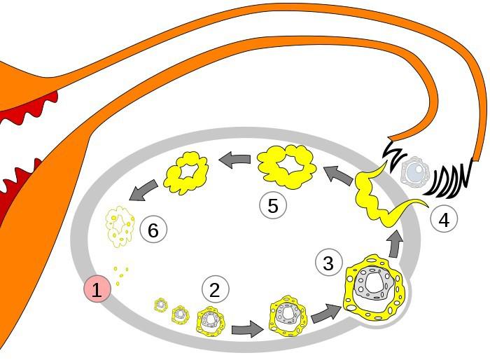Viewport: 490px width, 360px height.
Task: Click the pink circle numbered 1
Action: [x=97, y=289]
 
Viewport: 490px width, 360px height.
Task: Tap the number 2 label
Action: [x=215, y=289]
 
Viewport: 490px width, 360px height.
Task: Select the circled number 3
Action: [x=329, y=263]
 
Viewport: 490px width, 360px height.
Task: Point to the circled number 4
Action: [x=443, y=219]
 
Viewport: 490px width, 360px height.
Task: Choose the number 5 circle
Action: [x=273, y=205]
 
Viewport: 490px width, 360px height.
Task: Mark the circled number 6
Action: [x=154, y=229]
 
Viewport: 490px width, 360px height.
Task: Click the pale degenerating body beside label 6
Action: [x=120, y=223]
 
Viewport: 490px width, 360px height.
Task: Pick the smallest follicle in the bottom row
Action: [x=161, y=305]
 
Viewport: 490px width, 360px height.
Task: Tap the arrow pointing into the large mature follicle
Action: [x=323, y=312]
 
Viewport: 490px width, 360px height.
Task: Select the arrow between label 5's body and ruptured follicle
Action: [x=337, y=172]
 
